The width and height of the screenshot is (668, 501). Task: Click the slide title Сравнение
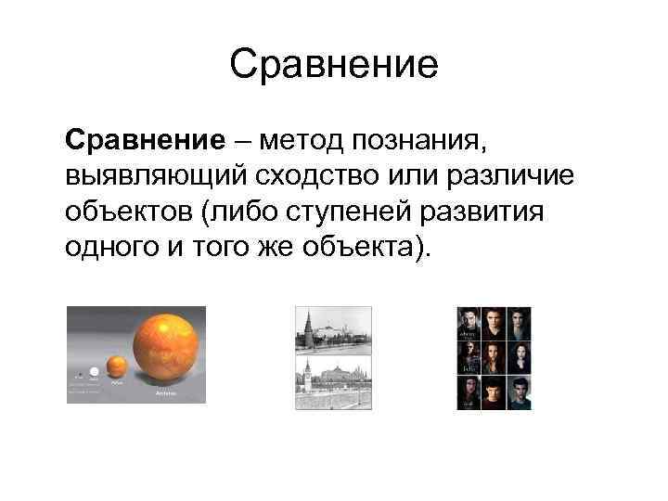[333, 66]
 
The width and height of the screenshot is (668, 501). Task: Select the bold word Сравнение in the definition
[145, 140]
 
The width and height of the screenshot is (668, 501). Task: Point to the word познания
[423, 141]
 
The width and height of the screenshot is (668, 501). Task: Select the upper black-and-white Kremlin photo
[333, 330]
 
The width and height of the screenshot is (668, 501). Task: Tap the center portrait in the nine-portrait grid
[494, 357]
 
